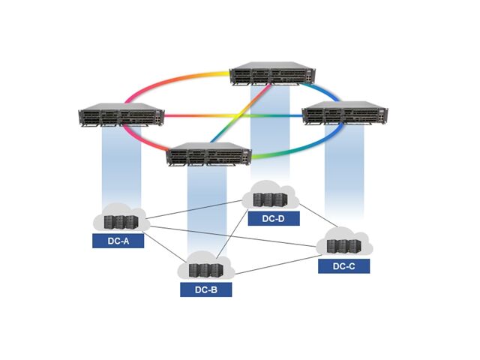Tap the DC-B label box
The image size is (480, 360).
[x=205, y=289]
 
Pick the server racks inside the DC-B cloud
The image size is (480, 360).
[x=206, y=270]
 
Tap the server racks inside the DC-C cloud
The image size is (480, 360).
[x=343, y=247]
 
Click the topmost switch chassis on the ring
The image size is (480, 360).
[x=272, y=76]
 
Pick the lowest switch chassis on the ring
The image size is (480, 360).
[x=208, y=154]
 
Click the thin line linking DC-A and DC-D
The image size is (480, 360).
[x=195, y=210]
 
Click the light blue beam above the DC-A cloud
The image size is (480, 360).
[x=121, y=165]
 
